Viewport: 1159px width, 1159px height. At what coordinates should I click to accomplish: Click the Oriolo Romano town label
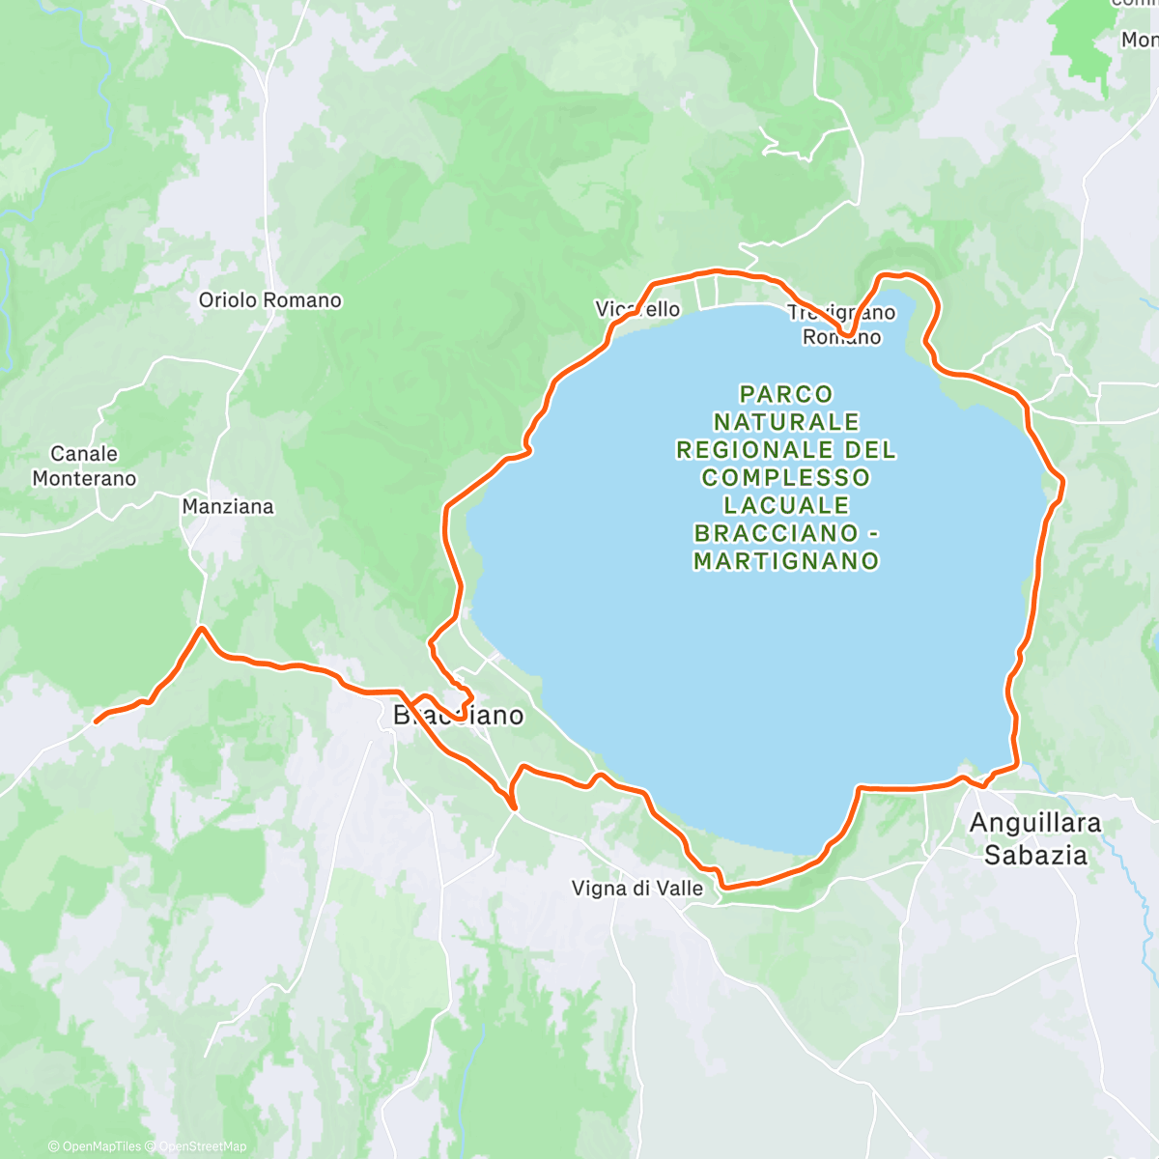click(269, 300)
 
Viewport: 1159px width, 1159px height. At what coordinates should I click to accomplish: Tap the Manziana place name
click(228, 506)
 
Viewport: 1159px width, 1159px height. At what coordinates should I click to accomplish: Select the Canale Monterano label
click(84, 466)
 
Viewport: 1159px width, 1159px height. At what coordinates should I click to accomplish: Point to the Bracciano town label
click(458, 716)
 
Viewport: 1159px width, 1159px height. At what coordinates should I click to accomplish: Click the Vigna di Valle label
click(637, 888)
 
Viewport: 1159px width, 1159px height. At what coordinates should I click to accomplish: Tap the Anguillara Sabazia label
click(1035, 838)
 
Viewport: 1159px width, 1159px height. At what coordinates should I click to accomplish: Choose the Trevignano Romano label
click(841, 325)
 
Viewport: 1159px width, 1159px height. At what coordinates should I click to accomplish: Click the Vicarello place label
click(637, 309)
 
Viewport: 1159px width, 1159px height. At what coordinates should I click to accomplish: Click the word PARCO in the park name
click(786, 394)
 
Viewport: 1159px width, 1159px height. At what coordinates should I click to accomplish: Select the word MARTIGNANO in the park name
click(786, 561)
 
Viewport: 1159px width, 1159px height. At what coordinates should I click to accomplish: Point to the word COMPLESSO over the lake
click(786, 477)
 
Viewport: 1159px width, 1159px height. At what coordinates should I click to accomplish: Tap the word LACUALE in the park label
click(786, 505)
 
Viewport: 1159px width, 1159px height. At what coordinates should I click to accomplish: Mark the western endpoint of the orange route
click(96, 721)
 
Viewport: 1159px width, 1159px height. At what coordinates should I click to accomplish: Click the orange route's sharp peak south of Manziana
click(201, 629)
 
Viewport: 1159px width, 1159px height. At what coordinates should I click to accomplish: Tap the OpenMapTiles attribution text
click(100, 1146)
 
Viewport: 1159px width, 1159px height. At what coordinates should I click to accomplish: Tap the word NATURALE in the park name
click(786, 422)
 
